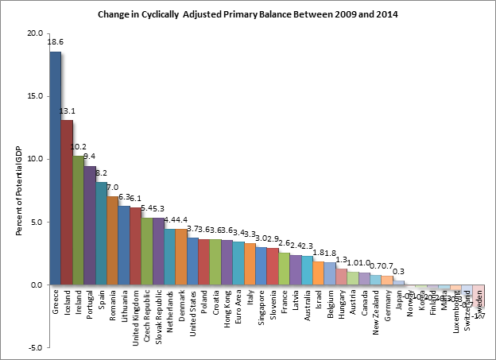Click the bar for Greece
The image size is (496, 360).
pos(55,168)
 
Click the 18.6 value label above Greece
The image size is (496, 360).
pos(56,41)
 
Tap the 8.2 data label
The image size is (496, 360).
pos(101,172)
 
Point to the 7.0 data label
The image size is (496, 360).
pos(113,187)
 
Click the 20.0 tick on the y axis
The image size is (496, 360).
pos(34,33)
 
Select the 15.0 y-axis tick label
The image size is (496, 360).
pos(34,96)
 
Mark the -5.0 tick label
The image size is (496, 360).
pos(35,347)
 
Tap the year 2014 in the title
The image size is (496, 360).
pos(387,14)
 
